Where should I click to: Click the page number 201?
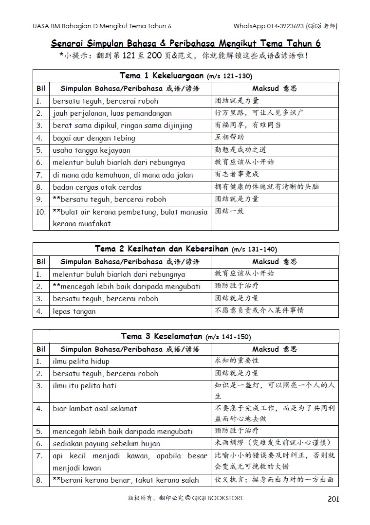click(333, 499)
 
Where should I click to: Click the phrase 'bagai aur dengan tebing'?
click(94, 138)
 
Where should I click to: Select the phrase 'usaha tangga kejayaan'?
click(92, 150)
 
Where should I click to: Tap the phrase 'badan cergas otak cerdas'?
click(97, 187)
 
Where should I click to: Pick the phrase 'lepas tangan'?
click(74, 311)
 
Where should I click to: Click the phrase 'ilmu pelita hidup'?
click(81, 362)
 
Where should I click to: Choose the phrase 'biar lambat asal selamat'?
click(95, 409)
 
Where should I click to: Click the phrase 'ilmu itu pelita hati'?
click(85, 386)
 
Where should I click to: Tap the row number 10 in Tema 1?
click(41, 212)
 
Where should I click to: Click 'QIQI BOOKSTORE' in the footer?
click(218, 498)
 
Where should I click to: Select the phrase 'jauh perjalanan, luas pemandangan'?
click(112, 113)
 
